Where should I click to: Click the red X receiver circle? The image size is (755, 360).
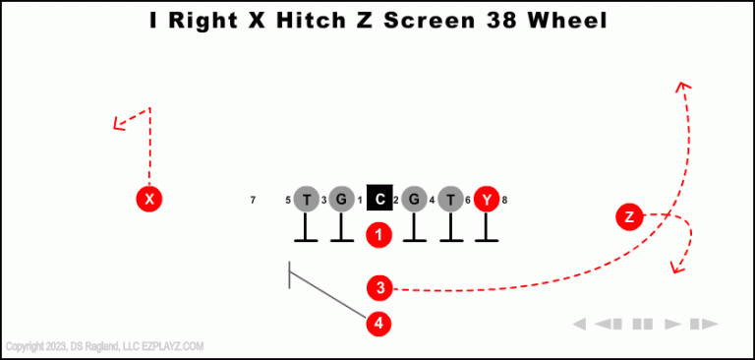pyautogui.click(x=148, y=200)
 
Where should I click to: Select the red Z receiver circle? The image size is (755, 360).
pyautogui.click(x=629, y=217)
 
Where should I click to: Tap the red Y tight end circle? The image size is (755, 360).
pyautogui.click(x=487, y=200)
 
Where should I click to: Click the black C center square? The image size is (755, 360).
pyautogui.click(x=379, y=200)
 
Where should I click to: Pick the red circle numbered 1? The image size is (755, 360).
pyautogui.click(x=379, y=235)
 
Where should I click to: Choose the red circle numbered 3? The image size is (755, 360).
pyautogui.click(x=379, y=288)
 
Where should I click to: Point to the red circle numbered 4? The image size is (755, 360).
pyautogui.click(x=379, y=323)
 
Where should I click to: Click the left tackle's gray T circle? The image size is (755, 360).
pyautogui.click(x=307, y=200)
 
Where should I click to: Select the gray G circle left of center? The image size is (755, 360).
pyautogui.click(x=341, y=200)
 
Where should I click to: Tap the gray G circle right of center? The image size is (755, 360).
pyautogui.click(x=414, y=200)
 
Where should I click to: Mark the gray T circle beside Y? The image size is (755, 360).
pyautogui.click(x=450, y=200)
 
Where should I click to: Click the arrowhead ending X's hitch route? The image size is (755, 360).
pyautogui.click(x=118, y=123)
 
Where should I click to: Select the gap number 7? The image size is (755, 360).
pyautogui.click(x=253, y=201)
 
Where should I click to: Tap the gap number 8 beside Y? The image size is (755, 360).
pyautogui.click(x=504, y=201)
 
